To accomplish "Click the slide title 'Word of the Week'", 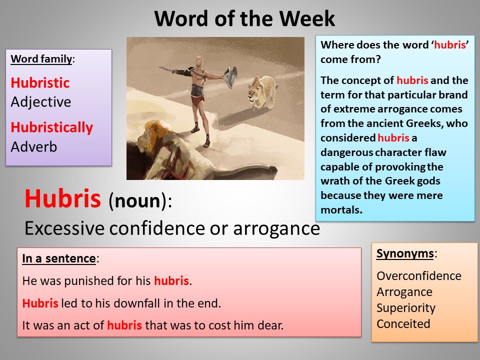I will pyautogui.click(x=244, y=19).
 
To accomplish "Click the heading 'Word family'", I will pyautogui.click(x=41, y=59).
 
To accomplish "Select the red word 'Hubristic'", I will pyautogui.click(x=40, y=82).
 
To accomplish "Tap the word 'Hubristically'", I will pyautogui.click(x=52, y=127).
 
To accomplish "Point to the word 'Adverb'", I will pyautogui.click(x=33, y=147).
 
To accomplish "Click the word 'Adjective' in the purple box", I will pyautogui.click(x=41, y=102).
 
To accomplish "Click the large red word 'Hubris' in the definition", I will pyautogui.click(x=63, y=199).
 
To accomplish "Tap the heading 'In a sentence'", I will pyautogui.click(x=59, y=259).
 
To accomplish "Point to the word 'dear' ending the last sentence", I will pyautogui.click(x=272, y=325).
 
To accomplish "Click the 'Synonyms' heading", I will pyautogui.click(x=405, y=253).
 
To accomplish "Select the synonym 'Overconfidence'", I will pyautogui.click(x=419, y=276).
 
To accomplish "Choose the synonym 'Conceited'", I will pyautogui.click(x=403, y=324).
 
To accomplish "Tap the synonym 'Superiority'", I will pyautogui.click(x=406, y=308).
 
